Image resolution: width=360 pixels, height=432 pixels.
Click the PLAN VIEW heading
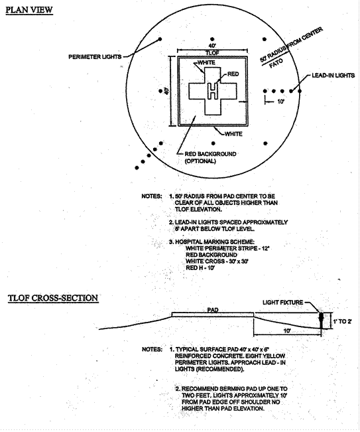pyautogui.click(x=29, y=10)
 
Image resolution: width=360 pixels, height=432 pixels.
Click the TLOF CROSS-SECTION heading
pyautogui.click(x=53, y=298)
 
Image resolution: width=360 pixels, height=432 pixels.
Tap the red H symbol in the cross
pyautogui.click(x=212, y=91)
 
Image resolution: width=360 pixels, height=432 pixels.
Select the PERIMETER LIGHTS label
pyautogui.click(x=95, y=57)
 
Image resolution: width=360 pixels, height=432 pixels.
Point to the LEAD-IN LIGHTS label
pyautogui.click(x=333, y=75)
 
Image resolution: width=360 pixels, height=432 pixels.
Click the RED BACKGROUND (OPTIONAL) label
pyautogui.click(x=210, y=157)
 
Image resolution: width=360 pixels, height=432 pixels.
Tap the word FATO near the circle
pyautogui.click(x=276, y=63)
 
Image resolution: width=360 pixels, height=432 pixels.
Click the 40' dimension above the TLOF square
pyautogui.click(x=212, y=45)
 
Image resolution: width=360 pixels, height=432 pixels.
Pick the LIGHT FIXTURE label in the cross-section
pyautogui.click(x=282, y=303)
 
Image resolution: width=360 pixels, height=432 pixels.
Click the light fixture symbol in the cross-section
pyautogui.click(x=321, y=320)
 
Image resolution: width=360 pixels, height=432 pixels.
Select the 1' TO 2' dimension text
pyautogui.click(x=342, y=321)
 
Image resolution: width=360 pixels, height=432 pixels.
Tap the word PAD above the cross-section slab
pyautogui.click(x=213, y=310)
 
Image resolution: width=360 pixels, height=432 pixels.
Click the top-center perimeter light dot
pyautogui.click(x=212, y=39)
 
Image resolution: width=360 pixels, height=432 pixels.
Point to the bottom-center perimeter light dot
pyautogui.click(x=213, y=143)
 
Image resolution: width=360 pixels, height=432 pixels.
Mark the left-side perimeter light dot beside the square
pyautogui.click(x=160, y=91)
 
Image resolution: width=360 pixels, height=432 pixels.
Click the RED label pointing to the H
pyautogui.click(x=233, y=74)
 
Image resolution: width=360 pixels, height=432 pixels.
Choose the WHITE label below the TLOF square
pyautogui.click(x=233, y=134)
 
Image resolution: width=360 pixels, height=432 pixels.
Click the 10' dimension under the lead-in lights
pyautogui.click(x=280, y=102)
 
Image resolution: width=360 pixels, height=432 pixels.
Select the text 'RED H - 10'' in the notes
pyautogui.click(x=200, y=268)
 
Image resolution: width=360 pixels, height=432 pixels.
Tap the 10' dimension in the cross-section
pyautogui.click(x=287, y=330)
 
